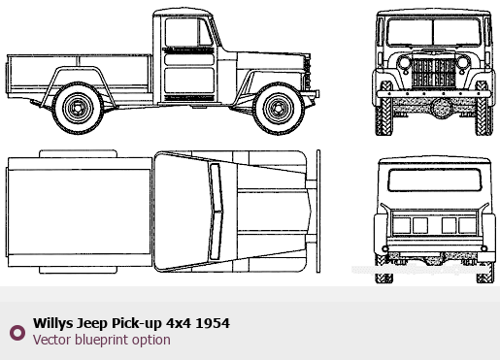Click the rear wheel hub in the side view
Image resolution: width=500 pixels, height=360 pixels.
[x=78, y=108]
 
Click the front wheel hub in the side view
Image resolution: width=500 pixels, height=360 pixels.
[x=279, y=108]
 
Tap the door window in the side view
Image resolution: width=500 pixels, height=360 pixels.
[x=188, y=32]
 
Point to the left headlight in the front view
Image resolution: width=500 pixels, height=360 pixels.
[x=404, y=62]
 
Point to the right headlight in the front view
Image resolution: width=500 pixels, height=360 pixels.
[x=463, y=62]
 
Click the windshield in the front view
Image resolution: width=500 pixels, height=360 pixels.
[x=434, y=32]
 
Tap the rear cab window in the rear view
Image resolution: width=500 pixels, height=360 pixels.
[x=435, y=180]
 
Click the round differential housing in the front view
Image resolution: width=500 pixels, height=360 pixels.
[x=441, y=108]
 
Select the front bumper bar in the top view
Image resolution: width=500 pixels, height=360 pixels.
[x=318, y=212]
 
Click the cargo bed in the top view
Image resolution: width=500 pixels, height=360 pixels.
[x=80, y=212]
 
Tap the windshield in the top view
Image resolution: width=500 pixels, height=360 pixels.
[x=216, y=212]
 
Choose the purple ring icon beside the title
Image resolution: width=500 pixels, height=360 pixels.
[x=17, y=333]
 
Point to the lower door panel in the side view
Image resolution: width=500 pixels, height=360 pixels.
[x=189, y=81]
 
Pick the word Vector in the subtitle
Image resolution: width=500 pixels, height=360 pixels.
[x=52, y=340]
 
